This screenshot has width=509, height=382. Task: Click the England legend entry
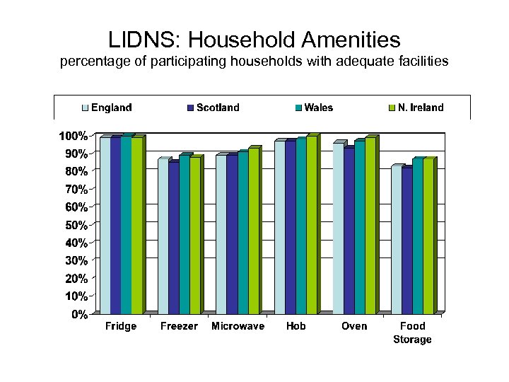[107, 108]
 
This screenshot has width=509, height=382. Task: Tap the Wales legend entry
[313, 108]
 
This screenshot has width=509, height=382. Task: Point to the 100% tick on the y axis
[73, 135]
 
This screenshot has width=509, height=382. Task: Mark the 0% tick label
[78, 313]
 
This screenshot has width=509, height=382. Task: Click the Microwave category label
[238, 326]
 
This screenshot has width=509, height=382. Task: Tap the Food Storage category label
[412, 332]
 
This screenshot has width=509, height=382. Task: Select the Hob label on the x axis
[296, 326]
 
